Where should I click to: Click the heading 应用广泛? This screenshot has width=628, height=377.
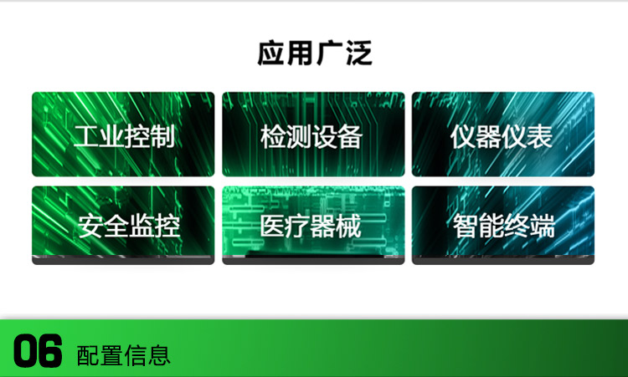(x=314, y=53)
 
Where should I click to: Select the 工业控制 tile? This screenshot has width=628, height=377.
(x=123, y=134)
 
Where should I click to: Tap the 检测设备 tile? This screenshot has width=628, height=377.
(x=313, y=134)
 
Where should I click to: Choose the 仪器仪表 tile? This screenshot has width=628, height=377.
(x=502, y=134)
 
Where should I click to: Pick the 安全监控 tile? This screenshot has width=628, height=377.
(x=123, y=225)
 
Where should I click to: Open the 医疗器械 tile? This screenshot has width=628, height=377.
(x=313, y=225)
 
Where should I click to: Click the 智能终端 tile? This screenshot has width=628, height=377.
(x=502, y=225)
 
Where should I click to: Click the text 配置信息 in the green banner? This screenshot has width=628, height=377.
(x=123, y=354)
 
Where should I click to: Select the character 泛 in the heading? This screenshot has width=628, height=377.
(x=358, y=53)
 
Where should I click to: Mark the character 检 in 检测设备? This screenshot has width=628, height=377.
(x=274, y=135)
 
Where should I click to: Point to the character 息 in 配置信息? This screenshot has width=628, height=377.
(x=159, y=354)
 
